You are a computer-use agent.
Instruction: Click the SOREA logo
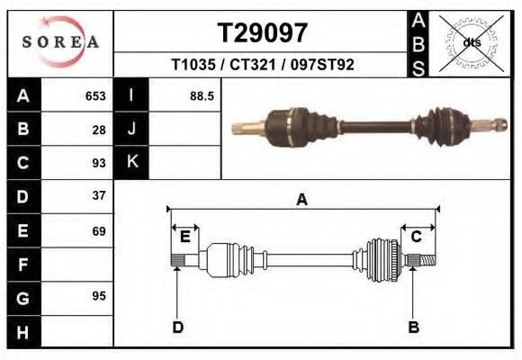click(x=60, y=43)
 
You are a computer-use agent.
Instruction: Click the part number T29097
click(x=263, y=33)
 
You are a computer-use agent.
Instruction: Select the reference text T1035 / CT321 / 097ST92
click(x=263, y=65)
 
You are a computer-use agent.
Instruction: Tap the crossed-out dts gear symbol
click(x=472, y=42)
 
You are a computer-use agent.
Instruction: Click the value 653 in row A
click(x=95, y=95)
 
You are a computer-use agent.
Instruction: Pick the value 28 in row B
click(x=99, y=129)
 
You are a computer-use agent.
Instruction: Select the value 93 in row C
click(x=99, y=163)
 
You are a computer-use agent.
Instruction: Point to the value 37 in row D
click(x=99, y=195)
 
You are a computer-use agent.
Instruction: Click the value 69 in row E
click(x=99, y=230)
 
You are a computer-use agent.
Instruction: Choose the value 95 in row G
click(x=99, y=297)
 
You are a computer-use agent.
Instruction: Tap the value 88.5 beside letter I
click(x=202, y=95)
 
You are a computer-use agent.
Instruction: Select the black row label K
click(x=132, y=163)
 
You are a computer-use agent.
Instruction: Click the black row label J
click(x=132, y=129)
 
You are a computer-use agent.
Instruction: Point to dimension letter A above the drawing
click(x=302, y=200)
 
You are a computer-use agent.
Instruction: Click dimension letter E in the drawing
click(x=185, y=237)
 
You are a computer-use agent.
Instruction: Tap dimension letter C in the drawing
click(x=417, y=237)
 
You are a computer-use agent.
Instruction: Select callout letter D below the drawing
click(x=178, y=327)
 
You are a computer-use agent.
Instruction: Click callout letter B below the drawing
click(x=413, y=327)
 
